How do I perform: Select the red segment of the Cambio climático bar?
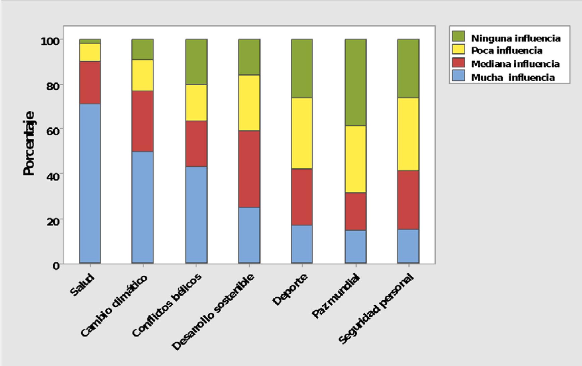tap(143, 121)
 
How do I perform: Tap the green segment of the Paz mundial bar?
tap(356, 82)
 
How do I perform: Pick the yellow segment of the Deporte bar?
tap(302, 133)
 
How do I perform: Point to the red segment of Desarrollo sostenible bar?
tap(249, 169)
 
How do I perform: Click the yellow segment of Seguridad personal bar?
tap(408, 134)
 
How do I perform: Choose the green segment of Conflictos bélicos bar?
tap(196, 62)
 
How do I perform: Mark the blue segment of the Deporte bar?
tap(302, 244)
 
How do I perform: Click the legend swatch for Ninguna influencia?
tap(458, 37)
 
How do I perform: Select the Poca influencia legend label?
tap(507, 51)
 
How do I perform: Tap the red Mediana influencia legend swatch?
tap(458, 63)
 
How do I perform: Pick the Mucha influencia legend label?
tap(513, 77)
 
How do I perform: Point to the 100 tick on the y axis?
tap(50, 41)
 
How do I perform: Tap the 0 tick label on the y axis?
tap(56, 265)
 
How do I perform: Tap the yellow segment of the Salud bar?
tap(90, 52)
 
